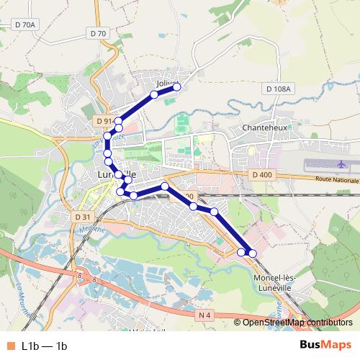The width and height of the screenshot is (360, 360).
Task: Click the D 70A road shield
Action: point(24,25)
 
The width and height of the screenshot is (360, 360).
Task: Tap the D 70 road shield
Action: point(99,33)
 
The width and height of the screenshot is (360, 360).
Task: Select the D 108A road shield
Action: point(277,89)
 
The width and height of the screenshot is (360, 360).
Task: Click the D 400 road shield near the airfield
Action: point(263,175)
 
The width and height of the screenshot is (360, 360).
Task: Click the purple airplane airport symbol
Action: point(320,163)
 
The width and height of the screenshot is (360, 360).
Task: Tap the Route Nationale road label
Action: point(336,179)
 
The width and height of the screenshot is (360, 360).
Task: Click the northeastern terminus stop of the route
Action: point(176,87)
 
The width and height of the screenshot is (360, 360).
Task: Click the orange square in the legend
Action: point(9,346)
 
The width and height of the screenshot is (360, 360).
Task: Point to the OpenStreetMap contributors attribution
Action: point(296,323)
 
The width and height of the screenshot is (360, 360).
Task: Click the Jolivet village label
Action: point(165,84)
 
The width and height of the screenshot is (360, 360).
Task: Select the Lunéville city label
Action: point(115,175)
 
